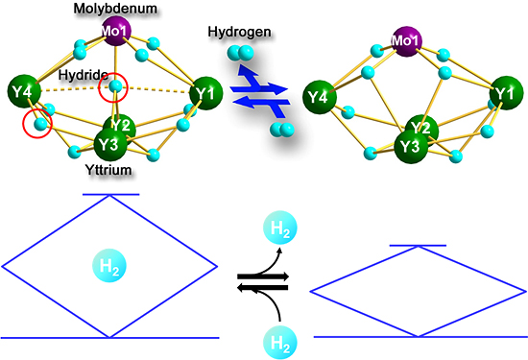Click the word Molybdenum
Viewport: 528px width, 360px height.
(x=114, y=9)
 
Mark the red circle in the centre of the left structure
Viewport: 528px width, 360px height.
(x=116, y=87)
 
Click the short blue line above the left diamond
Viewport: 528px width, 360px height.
(x=111, y=195)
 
